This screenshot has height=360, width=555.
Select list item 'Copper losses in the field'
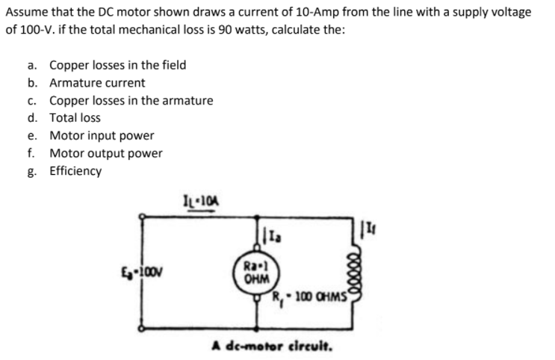pyautogui.click(x=118, y=65)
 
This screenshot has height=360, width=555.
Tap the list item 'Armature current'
pyautogui.click(x=97, y=83)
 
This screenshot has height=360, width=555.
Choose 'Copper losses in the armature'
pyautogui.click(x=131, y=100)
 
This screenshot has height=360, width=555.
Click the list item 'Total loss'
pyautogui.click(x=75, y=118)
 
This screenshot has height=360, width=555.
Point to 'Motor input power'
pyautogui.click(x=102, y=136)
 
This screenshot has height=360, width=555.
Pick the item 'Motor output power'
pyautogui.click(x=105, y=153)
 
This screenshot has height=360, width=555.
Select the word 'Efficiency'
pyautogui.click(x=75, y=171)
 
